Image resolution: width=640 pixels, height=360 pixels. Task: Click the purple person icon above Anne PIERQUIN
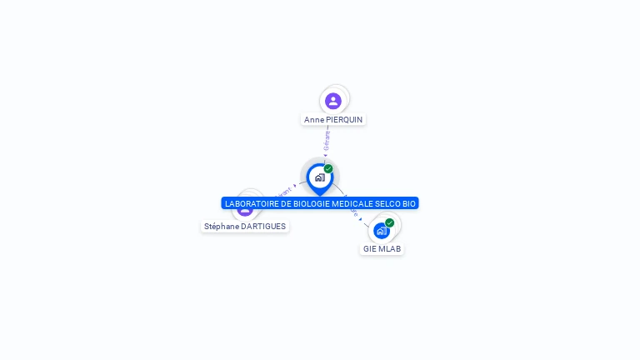[x=333, y=101]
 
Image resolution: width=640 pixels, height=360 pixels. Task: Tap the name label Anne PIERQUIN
[x=333, y=119]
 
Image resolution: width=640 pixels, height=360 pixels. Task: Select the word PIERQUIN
[x=344, y=119]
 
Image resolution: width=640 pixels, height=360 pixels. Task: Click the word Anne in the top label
[x=314, y=119]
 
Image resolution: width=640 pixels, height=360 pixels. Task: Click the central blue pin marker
[x=319, y=177]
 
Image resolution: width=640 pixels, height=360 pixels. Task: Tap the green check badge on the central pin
[x=328, y=169]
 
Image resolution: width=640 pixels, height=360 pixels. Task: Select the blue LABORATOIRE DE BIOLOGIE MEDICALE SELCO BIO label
[x=320, y=203]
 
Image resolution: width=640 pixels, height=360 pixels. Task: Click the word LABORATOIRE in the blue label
[x=252, y=203]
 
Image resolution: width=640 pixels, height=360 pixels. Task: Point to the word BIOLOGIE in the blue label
[x=312, y=203]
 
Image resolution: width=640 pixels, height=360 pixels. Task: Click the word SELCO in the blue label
[x=389, y=203]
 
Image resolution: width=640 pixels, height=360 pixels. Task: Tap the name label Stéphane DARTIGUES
[x=245, y=226]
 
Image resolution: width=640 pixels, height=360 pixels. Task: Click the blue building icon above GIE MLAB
[x=382, y=230]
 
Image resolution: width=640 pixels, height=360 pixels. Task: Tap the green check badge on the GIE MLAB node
[x=389, y=222]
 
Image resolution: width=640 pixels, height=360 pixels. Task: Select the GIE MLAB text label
[x=382, y=248]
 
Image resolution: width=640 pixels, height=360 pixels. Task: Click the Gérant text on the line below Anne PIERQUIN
[x=327, y=141]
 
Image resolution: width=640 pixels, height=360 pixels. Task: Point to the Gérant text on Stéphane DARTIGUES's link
[x=283, y=192]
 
